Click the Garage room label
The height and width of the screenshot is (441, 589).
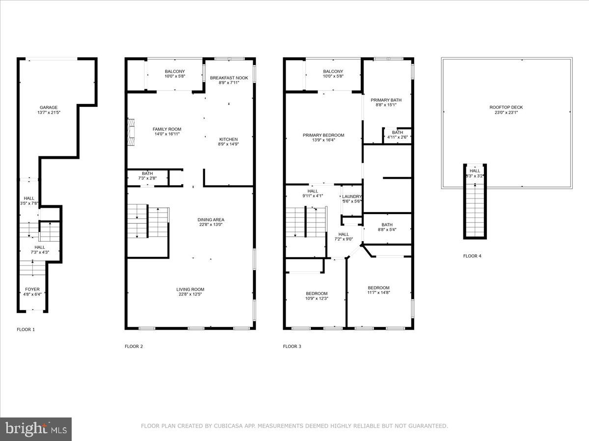tap(49, 107)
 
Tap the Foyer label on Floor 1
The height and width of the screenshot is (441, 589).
tap(32, 290)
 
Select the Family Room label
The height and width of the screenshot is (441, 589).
tap(167, 129)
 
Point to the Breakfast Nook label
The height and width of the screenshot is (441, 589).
tap(229, 78)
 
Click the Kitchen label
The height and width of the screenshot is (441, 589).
tap(228, 139)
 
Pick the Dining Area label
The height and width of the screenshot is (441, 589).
tap(211, 220)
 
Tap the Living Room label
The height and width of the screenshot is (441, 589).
tap(190, 290)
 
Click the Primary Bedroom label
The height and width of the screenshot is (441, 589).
tap(323, 135)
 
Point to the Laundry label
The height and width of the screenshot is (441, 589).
tap(352, 196)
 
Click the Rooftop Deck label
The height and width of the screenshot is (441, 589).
tap(506, 107)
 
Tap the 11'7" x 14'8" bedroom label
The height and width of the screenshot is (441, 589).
tap(379, 288)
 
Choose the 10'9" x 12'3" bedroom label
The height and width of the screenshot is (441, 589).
tap(317, 294)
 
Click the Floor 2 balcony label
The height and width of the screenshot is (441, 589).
tap(175, 72)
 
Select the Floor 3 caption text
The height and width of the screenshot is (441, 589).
tap(292, 346)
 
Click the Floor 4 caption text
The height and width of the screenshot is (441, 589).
tap(472, 256)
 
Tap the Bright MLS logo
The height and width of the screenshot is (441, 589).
tap(36, 429)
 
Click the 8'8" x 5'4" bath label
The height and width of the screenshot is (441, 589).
tap(387, 225)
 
